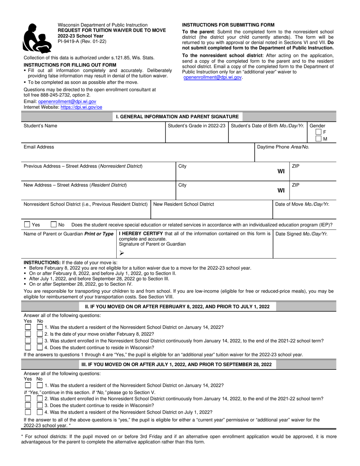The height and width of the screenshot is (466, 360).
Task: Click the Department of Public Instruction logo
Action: [x=37, y=37]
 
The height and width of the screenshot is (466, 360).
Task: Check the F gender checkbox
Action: [x=319, y=132]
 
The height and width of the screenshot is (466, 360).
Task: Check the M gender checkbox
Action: [x=319, y=139]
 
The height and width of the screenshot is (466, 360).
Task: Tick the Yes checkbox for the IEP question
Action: [x=27, y=224]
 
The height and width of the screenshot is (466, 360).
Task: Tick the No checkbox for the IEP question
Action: [x=54, y=224]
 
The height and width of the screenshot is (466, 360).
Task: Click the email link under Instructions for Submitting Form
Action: [x=212, y=77]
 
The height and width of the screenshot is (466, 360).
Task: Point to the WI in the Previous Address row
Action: [x=281, y=171]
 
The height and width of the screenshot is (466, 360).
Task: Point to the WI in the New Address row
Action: [x=281, y=190]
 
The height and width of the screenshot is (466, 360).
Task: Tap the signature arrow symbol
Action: [x=122, y=253]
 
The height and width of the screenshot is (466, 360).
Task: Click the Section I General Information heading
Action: [x=177, y=117]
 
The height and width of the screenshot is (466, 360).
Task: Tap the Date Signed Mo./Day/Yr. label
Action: [x=301, y=234]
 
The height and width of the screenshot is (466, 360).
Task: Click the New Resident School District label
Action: [x=183, y=204]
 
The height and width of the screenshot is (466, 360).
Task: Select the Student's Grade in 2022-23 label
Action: [x=197, y=126]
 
